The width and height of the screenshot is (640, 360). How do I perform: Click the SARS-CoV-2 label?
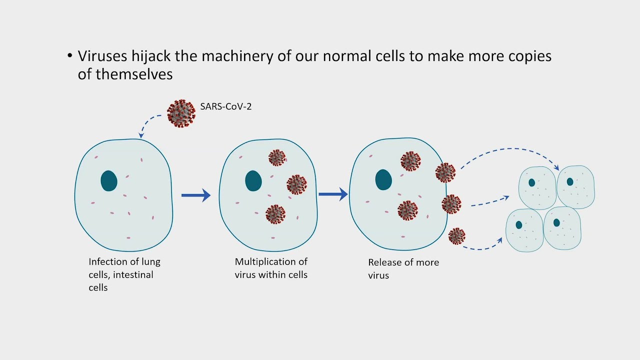tap(225, 106)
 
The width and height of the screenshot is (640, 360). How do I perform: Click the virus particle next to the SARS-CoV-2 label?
tap(181, 113)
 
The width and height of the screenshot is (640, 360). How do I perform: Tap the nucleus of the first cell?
tap(109, 181)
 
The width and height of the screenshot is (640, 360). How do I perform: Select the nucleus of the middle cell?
tap(253, 181)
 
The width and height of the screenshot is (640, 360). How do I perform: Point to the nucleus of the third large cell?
tap(383, 180)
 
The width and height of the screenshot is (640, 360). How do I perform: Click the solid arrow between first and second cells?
tap(195, 195)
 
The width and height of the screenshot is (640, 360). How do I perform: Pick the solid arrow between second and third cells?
tap(333, 194)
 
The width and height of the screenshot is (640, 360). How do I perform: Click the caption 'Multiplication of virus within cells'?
tap(271, 268)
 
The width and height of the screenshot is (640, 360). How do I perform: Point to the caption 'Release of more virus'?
tap(403, 268)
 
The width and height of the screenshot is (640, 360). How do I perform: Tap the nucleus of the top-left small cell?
tap(532, 183)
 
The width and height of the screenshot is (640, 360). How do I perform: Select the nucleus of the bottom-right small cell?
tap(556, 223)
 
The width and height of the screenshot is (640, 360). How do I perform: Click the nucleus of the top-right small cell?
tap(570, 182)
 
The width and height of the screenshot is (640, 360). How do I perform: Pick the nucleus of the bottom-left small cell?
tap(519, 225)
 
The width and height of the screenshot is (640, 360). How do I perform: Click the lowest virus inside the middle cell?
tap(275, 214)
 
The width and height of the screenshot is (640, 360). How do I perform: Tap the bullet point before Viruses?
tap(70, 56)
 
